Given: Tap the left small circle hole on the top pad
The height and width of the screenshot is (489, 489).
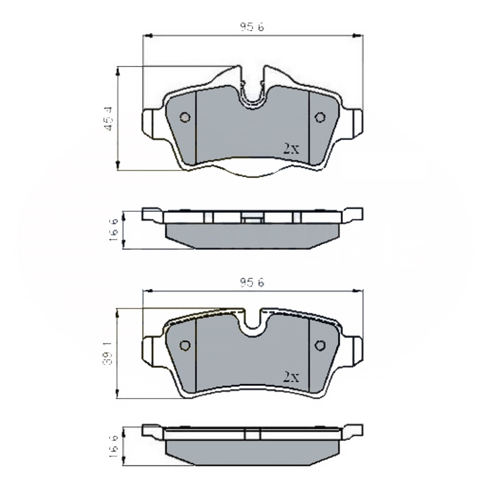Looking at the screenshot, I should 184,117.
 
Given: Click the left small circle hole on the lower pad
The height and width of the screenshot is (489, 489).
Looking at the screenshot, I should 184,346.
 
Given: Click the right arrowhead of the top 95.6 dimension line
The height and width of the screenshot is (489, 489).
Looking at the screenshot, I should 357,36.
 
